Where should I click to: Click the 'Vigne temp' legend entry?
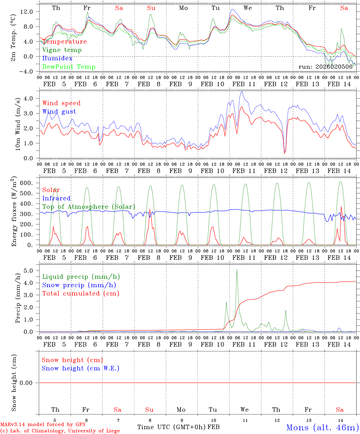coord(62,50)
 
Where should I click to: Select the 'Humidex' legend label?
coord(57,58)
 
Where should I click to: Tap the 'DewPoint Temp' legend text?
coord(69,67)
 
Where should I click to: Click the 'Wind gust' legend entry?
coord(59,112)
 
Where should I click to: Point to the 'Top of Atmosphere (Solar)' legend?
coord(89,207)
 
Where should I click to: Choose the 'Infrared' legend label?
coord(56,198)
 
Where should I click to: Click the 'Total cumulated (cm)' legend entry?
coord(81,294)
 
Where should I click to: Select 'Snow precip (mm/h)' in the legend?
coord(79,285)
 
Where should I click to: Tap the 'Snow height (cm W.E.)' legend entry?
coord(80,368)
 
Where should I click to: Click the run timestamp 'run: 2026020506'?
coord(325,67)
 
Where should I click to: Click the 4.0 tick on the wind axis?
coord(29,98)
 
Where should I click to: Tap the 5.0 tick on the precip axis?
coord(29,271)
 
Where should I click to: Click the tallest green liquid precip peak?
coord(237,270)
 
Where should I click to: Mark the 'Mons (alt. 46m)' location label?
coord(322,427)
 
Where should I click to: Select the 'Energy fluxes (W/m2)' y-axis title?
coord(14,212)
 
